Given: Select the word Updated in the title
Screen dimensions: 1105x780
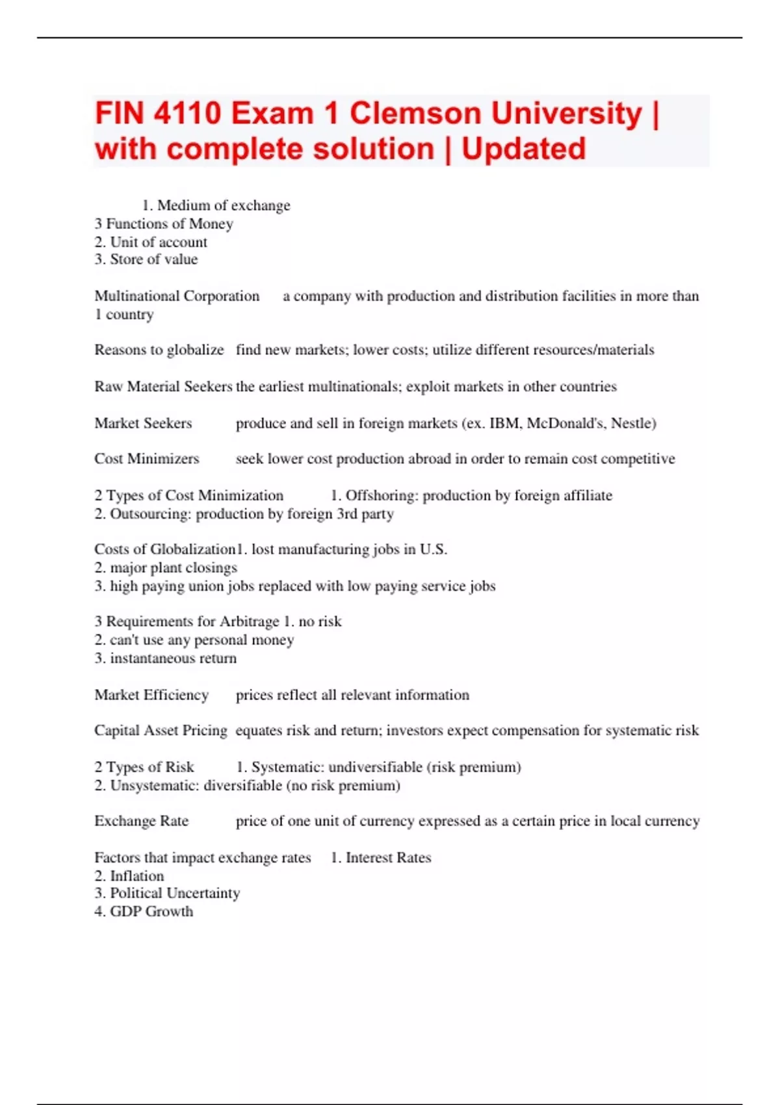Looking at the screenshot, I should pyautogui.click(x=523, y=149).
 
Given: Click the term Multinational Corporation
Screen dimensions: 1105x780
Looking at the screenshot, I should pyautogui.click(x=177, y=296).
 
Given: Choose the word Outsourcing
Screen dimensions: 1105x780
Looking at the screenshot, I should pyautogui.click(x=150, y=514).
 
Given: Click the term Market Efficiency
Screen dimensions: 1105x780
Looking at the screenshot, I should pyautogui.click(x=151, y=695).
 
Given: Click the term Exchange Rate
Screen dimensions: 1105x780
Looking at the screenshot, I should pyautogui.click(x=141, y=821).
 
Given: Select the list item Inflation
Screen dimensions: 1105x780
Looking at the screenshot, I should pyautogui.click(x=136, y=876).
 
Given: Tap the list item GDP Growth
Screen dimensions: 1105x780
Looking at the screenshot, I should pyautogui.click(x=151, y=911).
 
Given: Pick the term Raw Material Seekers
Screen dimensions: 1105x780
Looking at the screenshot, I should pyautogui.click(x=163, y=387).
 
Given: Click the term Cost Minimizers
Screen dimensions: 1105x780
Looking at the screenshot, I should pyautogui.click(x=147, y=459).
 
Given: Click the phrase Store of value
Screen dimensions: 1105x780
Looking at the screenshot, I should pyautogui.click(x=153, y=259).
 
